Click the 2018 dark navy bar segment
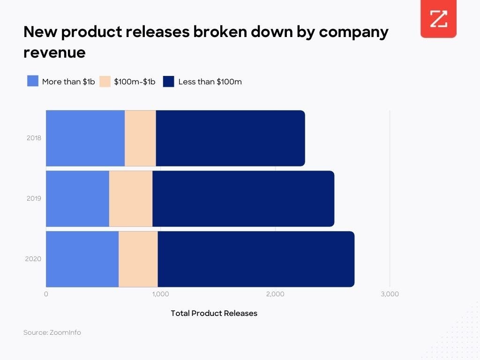coord(230,138)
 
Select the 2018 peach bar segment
coord(140,138)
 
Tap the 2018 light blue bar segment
coord(85,138)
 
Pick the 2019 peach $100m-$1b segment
coord(131,198)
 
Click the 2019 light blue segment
coord(77,198)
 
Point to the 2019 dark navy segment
coord(243,198)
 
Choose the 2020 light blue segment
coord(82,259)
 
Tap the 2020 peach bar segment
coord(138,259)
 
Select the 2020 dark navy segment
coord(256,259)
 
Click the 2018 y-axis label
coord(34,138)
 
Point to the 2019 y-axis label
coord(34,198)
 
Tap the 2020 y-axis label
coord(34,259)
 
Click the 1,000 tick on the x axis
coord(160,294)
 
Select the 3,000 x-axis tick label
coord(390,294)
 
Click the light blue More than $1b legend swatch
coord(33,81)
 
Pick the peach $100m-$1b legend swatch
coord(105,81)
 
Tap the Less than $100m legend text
coord(210,82)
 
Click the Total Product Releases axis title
coord(214,313)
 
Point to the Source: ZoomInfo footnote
coord(52,332)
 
